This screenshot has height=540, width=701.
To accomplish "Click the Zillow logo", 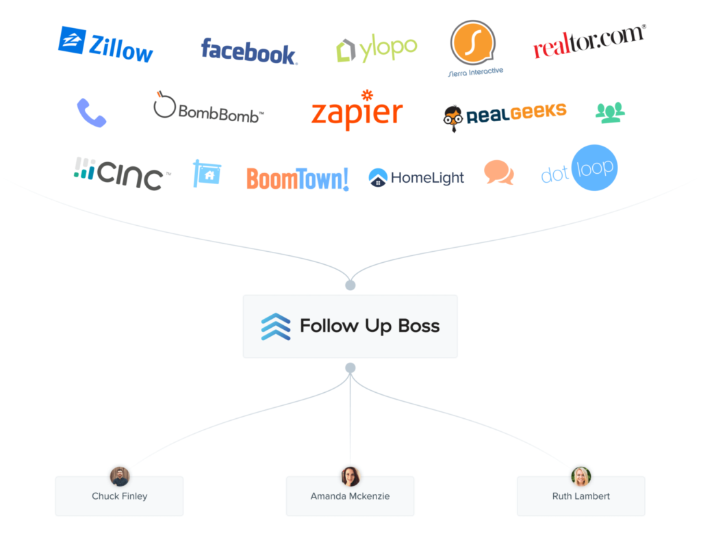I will [105, 45].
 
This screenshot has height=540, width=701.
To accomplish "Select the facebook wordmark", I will [248, 51].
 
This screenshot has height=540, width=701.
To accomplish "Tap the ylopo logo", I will [377, 49].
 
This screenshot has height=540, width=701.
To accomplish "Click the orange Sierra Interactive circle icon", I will [472, 42].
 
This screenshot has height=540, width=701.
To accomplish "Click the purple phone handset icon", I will [91, 113].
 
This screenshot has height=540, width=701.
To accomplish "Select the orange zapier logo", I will [357, 112].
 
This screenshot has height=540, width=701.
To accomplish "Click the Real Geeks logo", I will [505, 116].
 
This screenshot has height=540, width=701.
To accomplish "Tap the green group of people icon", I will [610, 112].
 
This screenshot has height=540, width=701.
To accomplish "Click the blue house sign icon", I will [207, 174].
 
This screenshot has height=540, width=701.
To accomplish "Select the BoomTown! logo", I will [297, 179].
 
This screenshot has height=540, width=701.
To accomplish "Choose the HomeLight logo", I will [416, 178].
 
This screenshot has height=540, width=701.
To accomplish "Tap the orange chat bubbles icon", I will [498, 172].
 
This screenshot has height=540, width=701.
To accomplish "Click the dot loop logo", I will [580, 168].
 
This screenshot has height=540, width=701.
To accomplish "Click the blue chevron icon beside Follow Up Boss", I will [275, 326].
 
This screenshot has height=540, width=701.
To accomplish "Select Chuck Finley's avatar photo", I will [120, 476].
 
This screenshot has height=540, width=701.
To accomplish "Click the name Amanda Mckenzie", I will [350, 496].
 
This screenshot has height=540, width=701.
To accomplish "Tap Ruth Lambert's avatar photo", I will [581, 476].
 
